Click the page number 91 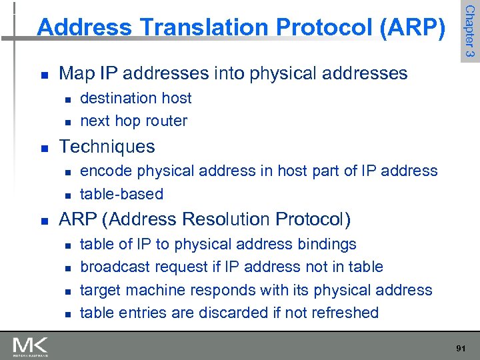(459, 349)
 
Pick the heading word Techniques (107, 147)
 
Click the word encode (106, 171)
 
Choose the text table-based (121, 194)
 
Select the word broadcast (115, 267)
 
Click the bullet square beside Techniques (43, 147)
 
